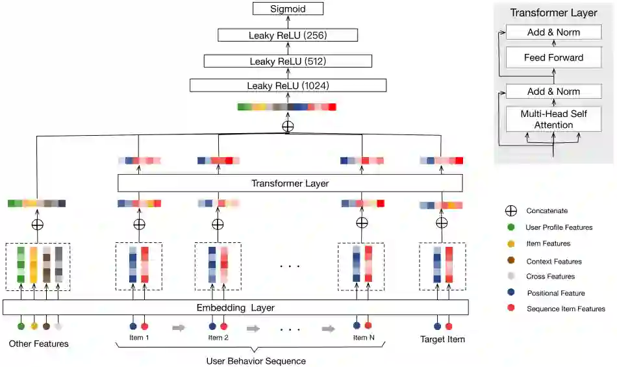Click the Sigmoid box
point(288,9)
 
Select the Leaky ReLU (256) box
point(288,35)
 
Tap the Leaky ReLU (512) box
point(288,61)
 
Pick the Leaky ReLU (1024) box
point(288,85)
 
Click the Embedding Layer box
point(235,307)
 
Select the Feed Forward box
point(553,58)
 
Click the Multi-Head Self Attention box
point(553,119)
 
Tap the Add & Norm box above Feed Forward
point(553,32)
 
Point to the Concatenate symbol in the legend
point(511,210)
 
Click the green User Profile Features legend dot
point(511,227)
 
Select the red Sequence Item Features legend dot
point(511,309)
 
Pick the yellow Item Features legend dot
point(511,244)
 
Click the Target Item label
point(442,339)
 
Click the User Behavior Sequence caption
point(255,361)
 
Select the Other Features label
point(38,344)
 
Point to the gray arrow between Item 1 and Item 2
point(178,328)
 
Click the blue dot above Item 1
point(133,326)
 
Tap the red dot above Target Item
point(448,326)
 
